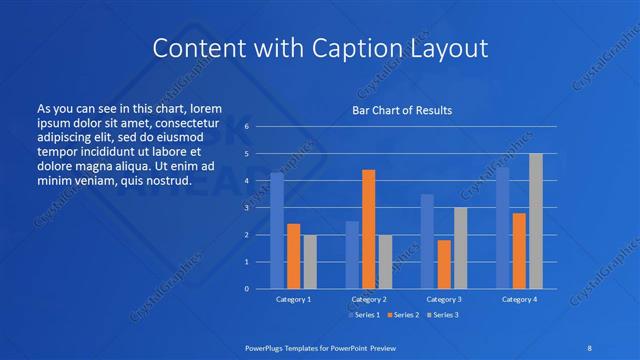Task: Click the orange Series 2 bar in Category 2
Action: pyautogui.click(x=368, y=229)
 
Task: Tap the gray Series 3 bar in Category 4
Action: pyautogui.click(x=535, y=221)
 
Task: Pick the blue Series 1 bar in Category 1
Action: pyautogui.click(x=276, y=231)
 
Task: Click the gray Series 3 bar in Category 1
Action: pyautogui.click(x=310, y=261)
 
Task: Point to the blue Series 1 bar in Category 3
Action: pyautogui.click(x=427, y=241)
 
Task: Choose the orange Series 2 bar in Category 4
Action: pyautogui.click(x=519, y=250)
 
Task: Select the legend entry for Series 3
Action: pyautogui.click(x=444, y=315)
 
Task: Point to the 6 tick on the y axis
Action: pyautogui.click(x=246, y=127)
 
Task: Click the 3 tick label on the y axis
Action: pyautogui.click(x=246, y=208)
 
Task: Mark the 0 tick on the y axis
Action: pyautogui.click(x=246, y=289)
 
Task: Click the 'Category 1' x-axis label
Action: pyautogui.click(x=293, y=299)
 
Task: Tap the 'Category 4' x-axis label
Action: pyautogui.click(x=519, y=299)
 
